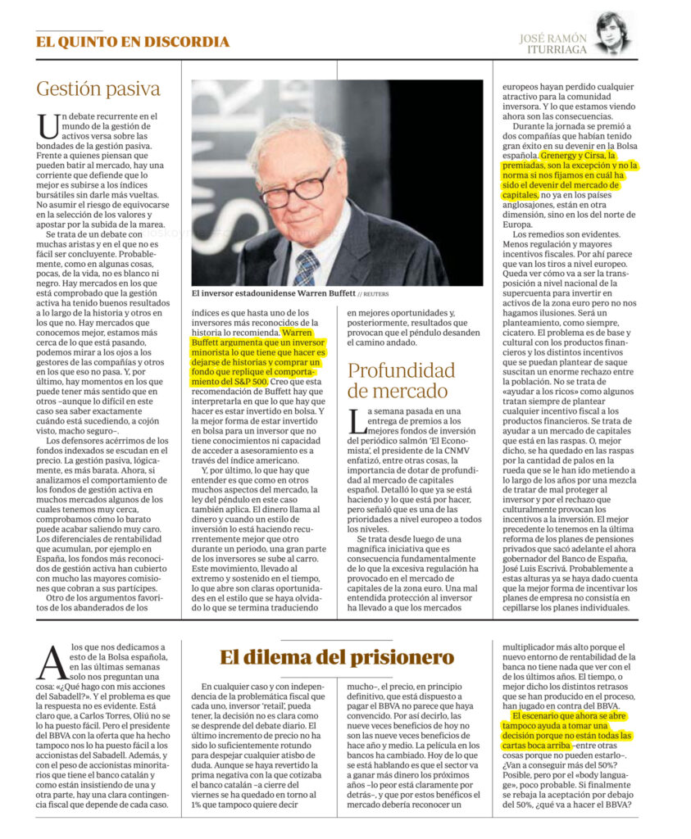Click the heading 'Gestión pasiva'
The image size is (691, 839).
98,89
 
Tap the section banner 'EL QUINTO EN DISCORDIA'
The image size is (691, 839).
132,42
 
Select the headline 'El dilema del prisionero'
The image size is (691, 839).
336,657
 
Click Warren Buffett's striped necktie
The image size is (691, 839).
306,266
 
